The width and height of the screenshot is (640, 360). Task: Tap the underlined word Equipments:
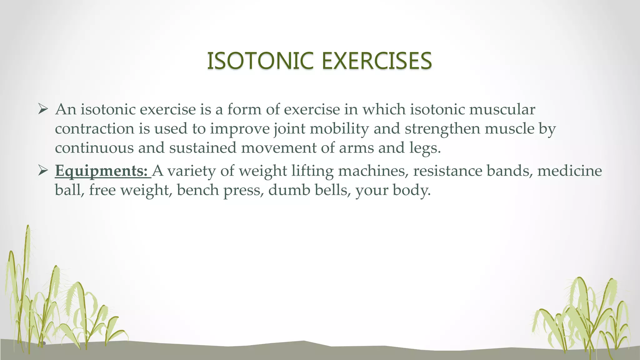coord(101,171)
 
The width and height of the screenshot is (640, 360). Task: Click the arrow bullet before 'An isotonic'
coord(42,109)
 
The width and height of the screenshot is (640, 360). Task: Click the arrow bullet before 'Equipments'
coord(42,171)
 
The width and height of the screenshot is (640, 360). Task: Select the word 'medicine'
coord(569,171)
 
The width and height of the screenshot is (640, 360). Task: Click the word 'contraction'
coord(95,129)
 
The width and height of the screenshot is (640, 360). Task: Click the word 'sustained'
coord(202,148)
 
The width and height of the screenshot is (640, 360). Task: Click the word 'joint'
coord(289,129)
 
